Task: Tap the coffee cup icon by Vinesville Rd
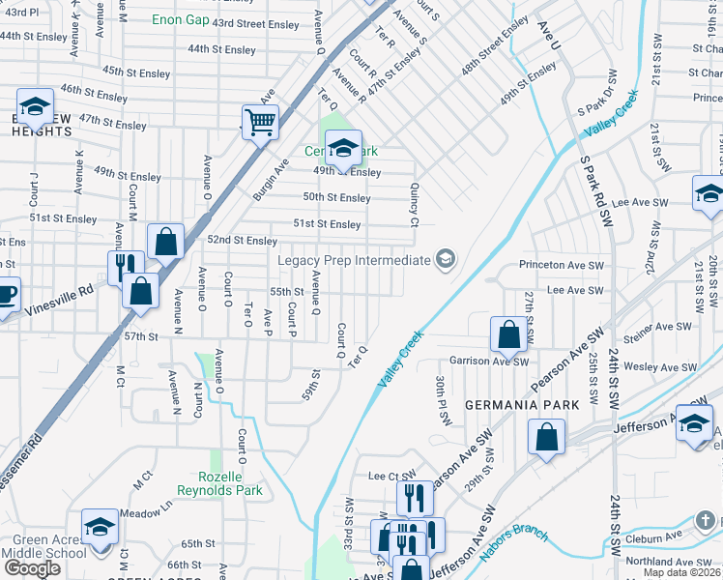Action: click(x=5, y=294)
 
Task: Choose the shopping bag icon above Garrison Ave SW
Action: click(x=507, y=335)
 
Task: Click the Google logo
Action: click(x=32, y=568)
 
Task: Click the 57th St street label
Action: click(x=140, y=336)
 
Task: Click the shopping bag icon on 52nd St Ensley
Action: click(x=165, y=242)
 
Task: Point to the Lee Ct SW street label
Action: click(x=390, y=476)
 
